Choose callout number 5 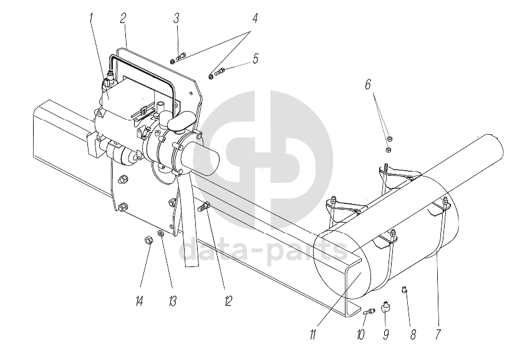255,59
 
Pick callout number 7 437,334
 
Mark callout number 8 412,334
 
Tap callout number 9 386,334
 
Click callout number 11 312,334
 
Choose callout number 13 172,301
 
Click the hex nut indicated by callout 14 148,240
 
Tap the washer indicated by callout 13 161,234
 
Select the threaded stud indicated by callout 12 203,207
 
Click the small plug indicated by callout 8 404,288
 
